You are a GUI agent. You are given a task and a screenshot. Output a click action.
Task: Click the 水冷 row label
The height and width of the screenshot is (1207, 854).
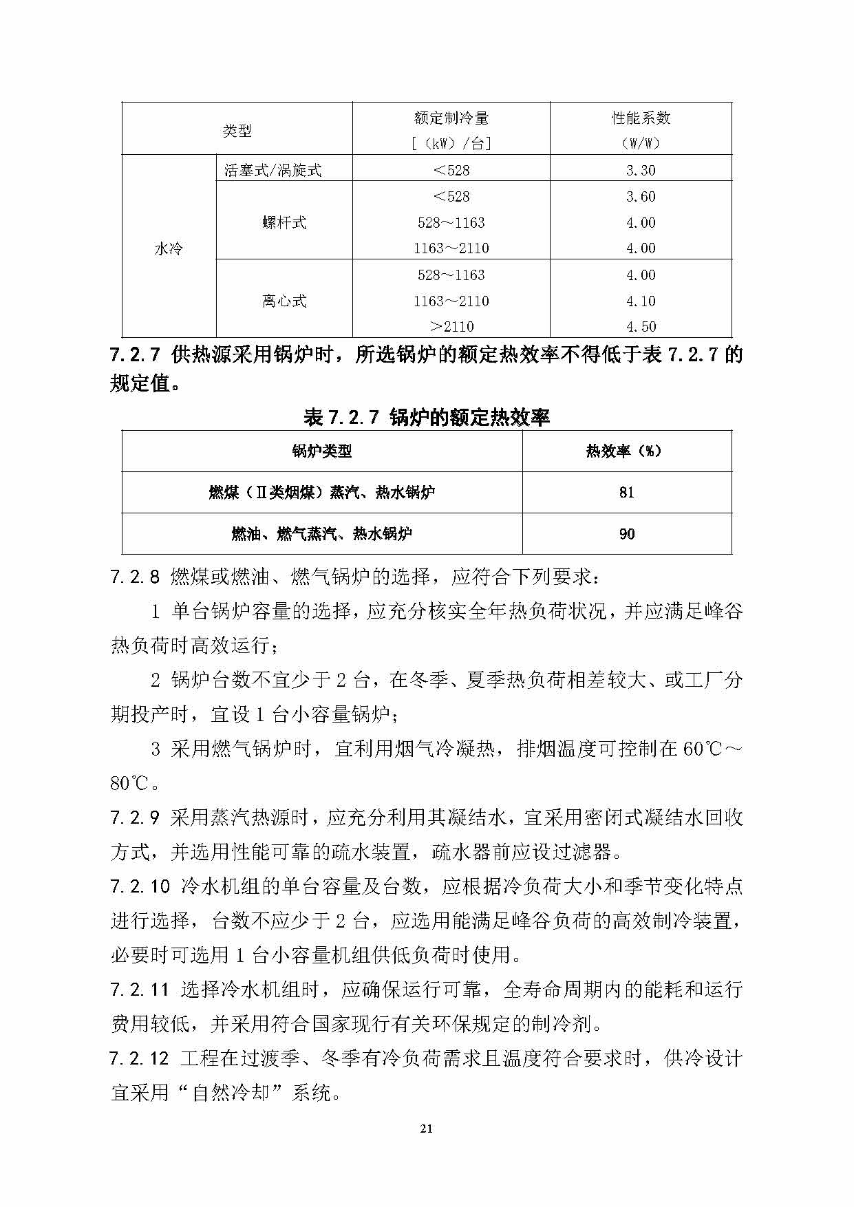point(169,248)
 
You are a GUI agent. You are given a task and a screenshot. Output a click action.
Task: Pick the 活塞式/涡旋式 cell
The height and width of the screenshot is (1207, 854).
point(273,170)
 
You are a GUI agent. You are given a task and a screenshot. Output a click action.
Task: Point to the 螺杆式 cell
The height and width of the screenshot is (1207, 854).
point(284,222)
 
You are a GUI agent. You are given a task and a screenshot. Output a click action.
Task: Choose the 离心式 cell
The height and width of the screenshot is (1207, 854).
point(284,301)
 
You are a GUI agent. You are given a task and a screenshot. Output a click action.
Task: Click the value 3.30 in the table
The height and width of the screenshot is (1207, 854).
point(641,170)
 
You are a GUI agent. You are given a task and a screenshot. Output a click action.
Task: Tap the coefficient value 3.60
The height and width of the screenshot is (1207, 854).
point(641,197)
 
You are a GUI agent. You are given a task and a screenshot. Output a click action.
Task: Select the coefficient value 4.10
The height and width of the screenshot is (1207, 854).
point(641,301)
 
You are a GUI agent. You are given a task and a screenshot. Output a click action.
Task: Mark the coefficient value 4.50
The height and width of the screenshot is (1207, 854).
point(641,327)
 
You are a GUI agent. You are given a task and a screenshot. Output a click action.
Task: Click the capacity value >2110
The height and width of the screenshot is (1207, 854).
point(451,327)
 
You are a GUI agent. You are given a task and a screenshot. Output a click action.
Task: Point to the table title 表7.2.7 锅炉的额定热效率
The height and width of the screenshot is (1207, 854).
point(427,417)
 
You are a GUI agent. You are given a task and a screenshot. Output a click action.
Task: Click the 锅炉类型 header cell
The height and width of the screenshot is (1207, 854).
point(322,451)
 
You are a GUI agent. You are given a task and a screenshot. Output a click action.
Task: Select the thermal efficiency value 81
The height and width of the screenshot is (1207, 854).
point(626,493)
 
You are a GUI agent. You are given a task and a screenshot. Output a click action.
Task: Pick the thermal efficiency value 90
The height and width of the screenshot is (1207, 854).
point(626,534)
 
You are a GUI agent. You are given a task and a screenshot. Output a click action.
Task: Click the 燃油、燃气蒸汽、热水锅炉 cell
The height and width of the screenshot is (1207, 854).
point(322,534)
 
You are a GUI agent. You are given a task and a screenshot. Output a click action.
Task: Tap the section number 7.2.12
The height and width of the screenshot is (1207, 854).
point(139,1058)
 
